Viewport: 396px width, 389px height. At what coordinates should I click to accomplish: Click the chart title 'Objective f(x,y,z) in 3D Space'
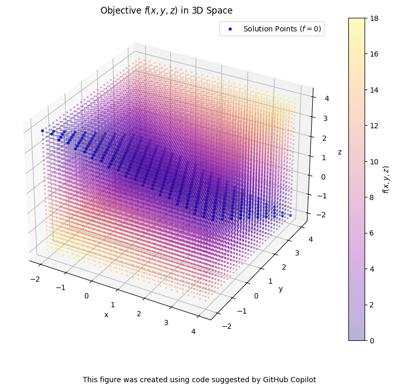click(166, 10)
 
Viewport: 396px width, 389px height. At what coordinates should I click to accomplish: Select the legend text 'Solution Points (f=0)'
click(282, 29)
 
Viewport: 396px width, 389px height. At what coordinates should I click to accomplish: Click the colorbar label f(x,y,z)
click(386, 179)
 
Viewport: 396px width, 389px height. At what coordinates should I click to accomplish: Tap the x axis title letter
click(106, 315)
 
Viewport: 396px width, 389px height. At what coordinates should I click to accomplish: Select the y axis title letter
click(281, 288)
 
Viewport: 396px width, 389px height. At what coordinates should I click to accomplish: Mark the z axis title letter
click(339, 152)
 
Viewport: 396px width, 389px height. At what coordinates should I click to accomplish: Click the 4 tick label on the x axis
click(193, 331)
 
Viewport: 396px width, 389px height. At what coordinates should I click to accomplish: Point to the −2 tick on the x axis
click(35, 279)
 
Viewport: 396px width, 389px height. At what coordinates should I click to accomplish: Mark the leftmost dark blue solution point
click(42, 131)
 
